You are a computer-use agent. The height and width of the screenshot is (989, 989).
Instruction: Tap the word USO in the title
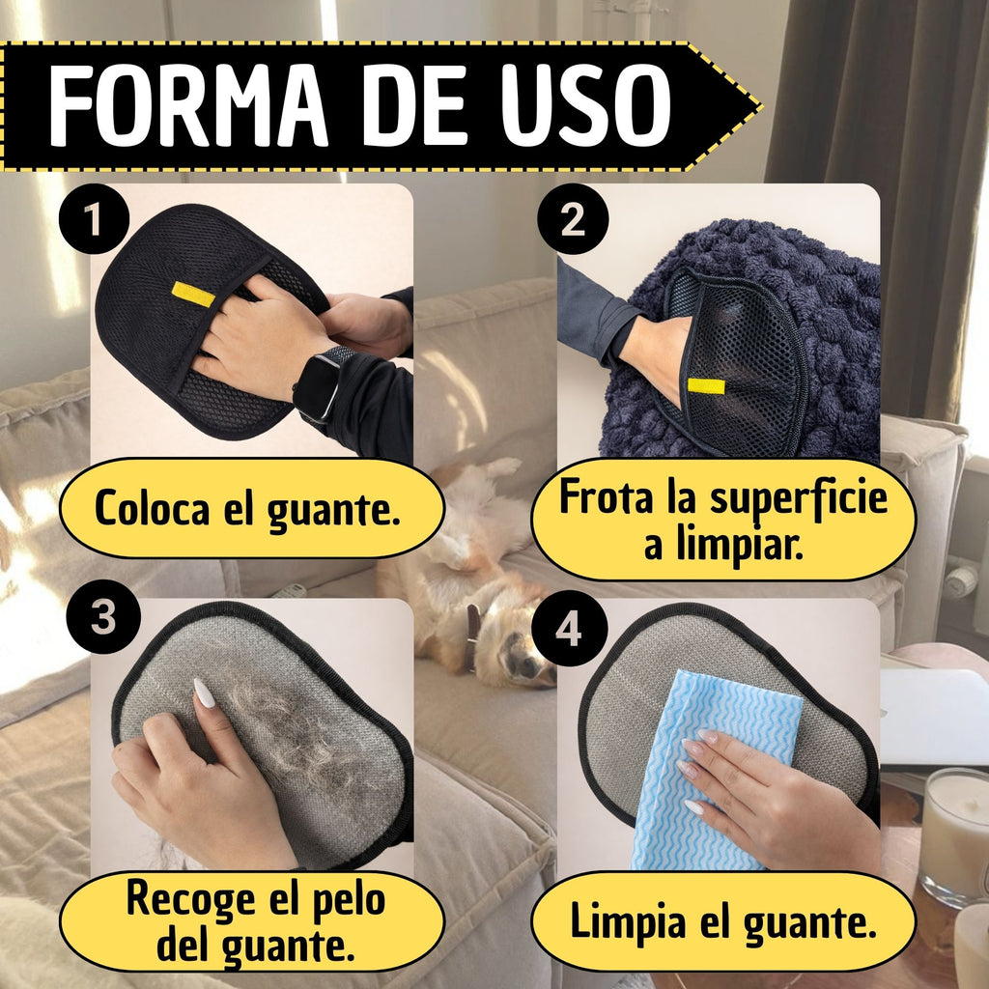point(586,106)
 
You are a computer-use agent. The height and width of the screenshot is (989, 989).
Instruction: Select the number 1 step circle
point(94,219)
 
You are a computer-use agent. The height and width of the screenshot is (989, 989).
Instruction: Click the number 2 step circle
point(573,219)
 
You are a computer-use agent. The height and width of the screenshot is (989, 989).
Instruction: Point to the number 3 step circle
point(102,616)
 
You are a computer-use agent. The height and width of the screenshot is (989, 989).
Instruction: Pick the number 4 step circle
point(569,628)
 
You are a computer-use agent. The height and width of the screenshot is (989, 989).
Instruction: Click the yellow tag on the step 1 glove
point(193,294)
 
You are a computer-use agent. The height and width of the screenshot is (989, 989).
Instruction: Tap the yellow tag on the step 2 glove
point(706,385)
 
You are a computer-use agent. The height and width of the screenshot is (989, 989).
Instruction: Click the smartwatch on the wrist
point(322,383)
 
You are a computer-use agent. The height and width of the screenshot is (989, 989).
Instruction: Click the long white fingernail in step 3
point(204,693)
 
